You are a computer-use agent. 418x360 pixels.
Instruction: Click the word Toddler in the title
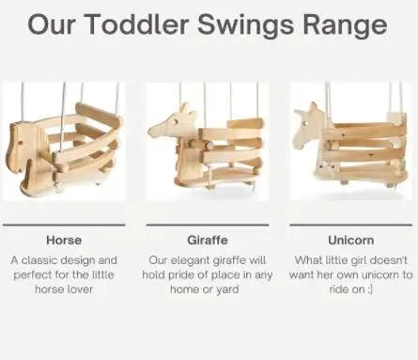point(136,24)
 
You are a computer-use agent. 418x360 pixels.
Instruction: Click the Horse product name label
point(64,241)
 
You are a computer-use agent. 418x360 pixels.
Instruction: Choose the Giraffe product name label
point(208,241)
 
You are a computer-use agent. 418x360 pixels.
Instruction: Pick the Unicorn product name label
point(351,241)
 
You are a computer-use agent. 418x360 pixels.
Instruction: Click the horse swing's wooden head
point(23,149)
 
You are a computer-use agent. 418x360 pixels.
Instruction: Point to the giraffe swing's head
point(174,123)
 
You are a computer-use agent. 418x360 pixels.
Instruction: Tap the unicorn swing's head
point(309,127)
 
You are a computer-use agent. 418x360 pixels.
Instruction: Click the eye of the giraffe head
point(177,121)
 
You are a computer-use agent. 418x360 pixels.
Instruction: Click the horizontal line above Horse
point(64,225)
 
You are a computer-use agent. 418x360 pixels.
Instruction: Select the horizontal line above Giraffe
point(208,225)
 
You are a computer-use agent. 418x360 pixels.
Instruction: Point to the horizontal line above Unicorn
point(351,225)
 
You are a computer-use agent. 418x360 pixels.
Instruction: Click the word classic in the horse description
point(39,260)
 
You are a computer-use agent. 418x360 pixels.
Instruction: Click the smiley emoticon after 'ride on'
point(370,290)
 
